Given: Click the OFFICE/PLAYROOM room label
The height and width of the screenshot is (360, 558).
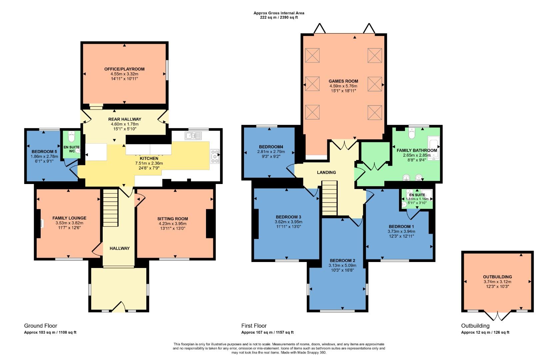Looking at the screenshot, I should [124, 69].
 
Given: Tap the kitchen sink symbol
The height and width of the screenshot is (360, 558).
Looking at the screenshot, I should [193, 135].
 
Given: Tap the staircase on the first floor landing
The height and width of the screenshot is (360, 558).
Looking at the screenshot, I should [330, 198].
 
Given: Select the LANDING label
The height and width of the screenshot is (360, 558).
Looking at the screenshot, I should [326, 172].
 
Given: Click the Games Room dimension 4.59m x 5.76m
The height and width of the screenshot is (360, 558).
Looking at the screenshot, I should [343, 86].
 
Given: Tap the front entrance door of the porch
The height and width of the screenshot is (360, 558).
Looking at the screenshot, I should [119, 307].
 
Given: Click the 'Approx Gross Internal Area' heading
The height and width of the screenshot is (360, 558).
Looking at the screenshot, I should [279, 13].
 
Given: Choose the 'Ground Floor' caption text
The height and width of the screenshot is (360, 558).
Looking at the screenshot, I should [40, 326].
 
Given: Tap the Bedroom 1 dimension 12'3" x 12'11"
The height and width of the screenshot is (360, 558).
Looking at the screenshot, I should [401, 236].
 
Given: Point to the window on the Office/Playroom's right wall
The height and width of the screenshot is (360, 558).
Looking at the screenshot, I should [167, 70].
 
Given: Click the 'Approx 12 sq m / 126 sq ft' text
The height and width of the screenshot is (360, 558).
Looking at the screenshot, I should [485, 332].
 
